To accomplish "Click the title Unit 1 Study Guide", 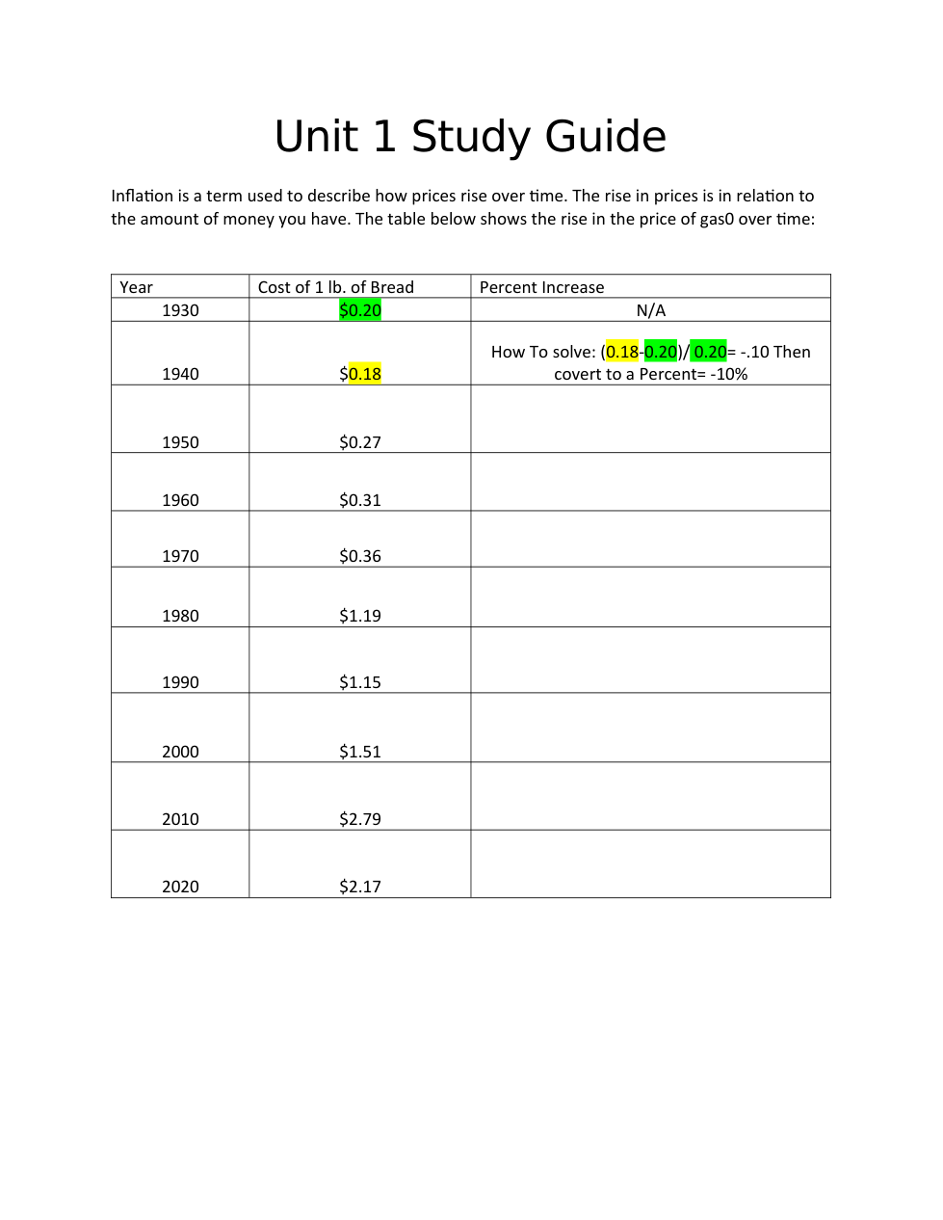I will (470, 137).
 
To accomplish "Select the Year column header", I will (136, 287).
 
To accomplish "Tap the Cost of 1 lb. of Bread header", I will (335, 287).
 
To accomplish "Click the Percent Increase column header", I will (541, 287).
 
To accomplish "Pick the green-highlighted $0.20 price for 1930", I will (360, 310).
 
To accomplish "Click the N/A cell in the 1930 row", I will (650, 310).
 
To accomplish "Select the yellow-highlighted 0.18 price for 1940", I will (364, 374).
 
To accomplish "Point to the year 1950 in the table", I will (180, 442).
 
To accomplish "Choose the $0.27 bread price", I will (360, 442).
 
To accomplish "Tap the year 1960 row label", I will (180, 500).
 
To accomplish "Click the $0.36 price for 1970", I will (360, 556).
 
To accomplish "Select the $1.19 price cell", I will (360, 616).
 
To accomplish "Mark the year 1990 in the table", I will (180, 682).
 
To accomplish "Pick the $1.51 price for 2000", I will (360, 752).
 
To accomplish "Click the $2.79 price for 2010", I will (360, 819).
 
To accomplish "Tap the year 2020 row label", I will (180, 887).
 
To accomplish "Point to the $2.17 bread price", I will (360, 887).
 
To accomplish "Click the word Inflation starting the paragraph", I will (142, 196).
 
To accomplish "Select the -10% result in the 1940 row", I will (729, 374).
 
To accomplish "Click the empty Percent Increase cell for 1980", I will (650, 597).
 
